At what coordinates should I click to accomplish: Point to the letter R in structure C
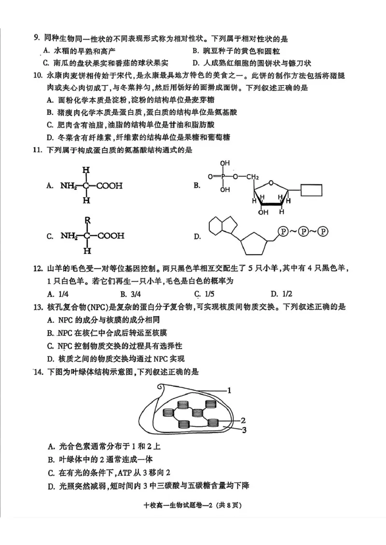pyautogui.click(x=87, y=220)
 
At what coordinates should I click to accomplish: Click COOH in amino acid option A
pyautogui.click(x=109, y=185)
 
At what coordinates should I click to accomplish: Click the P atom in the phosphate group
pyautogui.click(x=223, y=177)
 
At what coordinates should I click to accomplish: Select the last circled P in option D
pyautogui.click(x=323, y=231)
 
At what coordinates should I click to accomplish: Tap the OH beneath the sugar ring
pyautogui.click(x=263, y=212)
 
